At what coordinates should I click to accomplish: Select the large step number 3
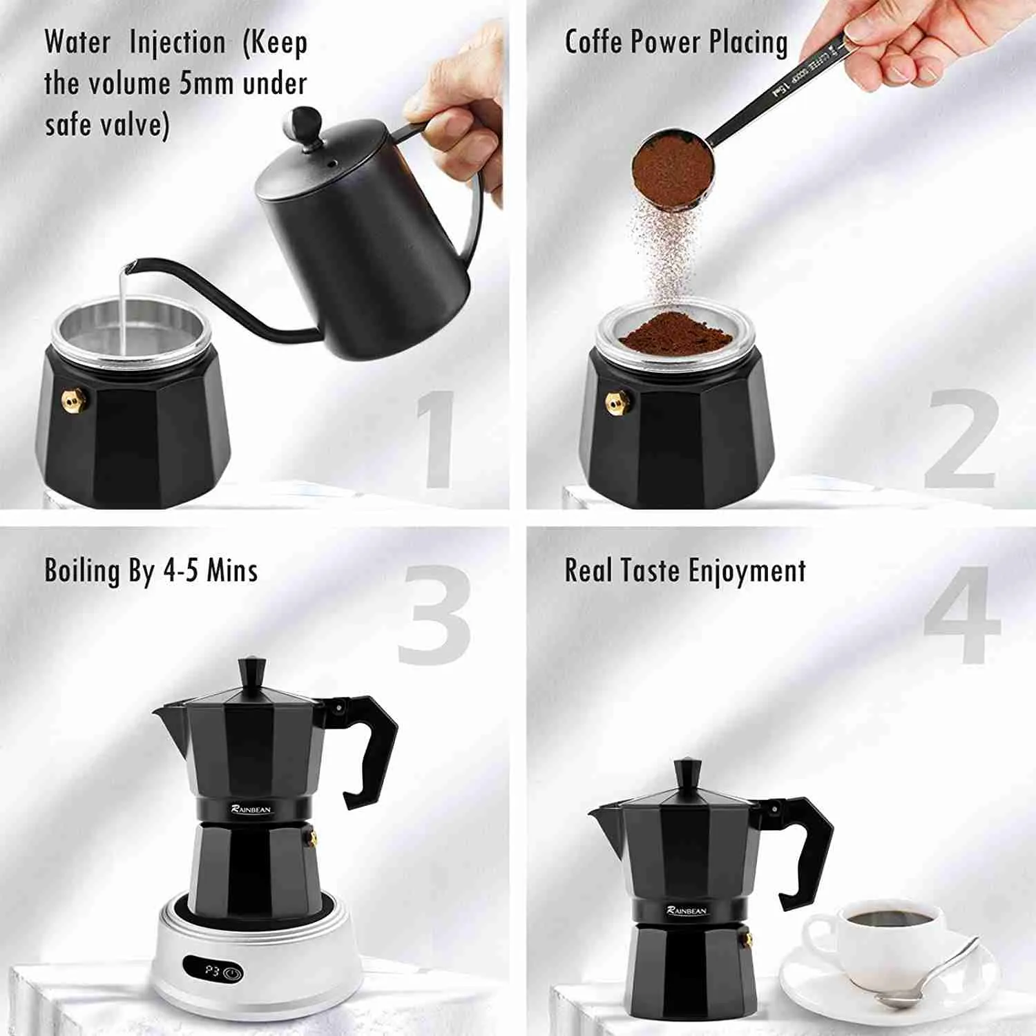[434, 616]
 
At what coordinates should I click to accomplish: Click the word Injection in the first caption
[178, 43]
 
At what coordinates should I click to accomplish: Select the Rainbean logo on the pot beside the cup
[687, 910]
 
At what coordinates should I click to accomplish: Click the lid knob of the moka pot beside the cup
[688, 772]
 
